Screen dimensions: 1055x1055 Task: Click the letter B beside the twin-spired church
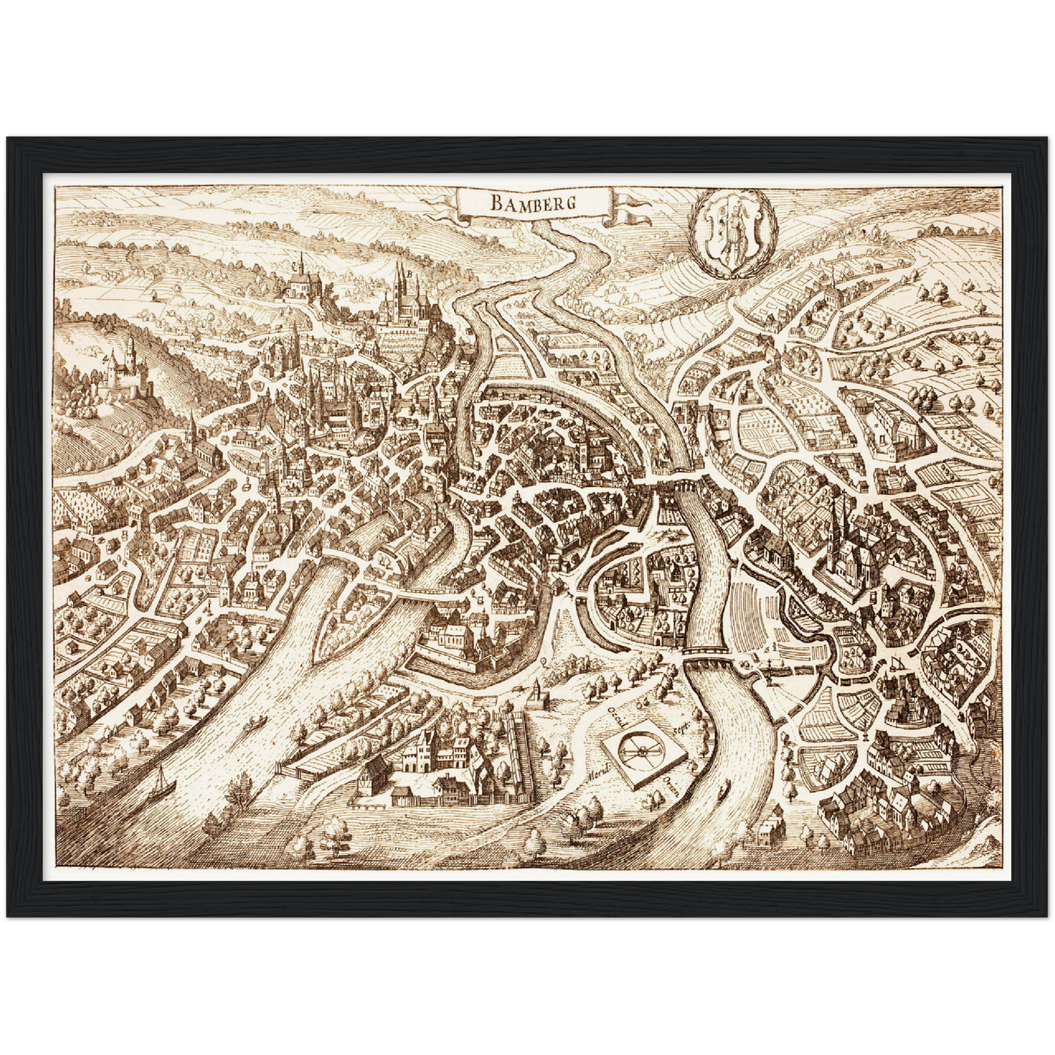[x=412, y=275]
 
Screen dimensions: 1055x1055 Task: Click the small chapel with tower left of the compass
[x=539, y=694]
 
